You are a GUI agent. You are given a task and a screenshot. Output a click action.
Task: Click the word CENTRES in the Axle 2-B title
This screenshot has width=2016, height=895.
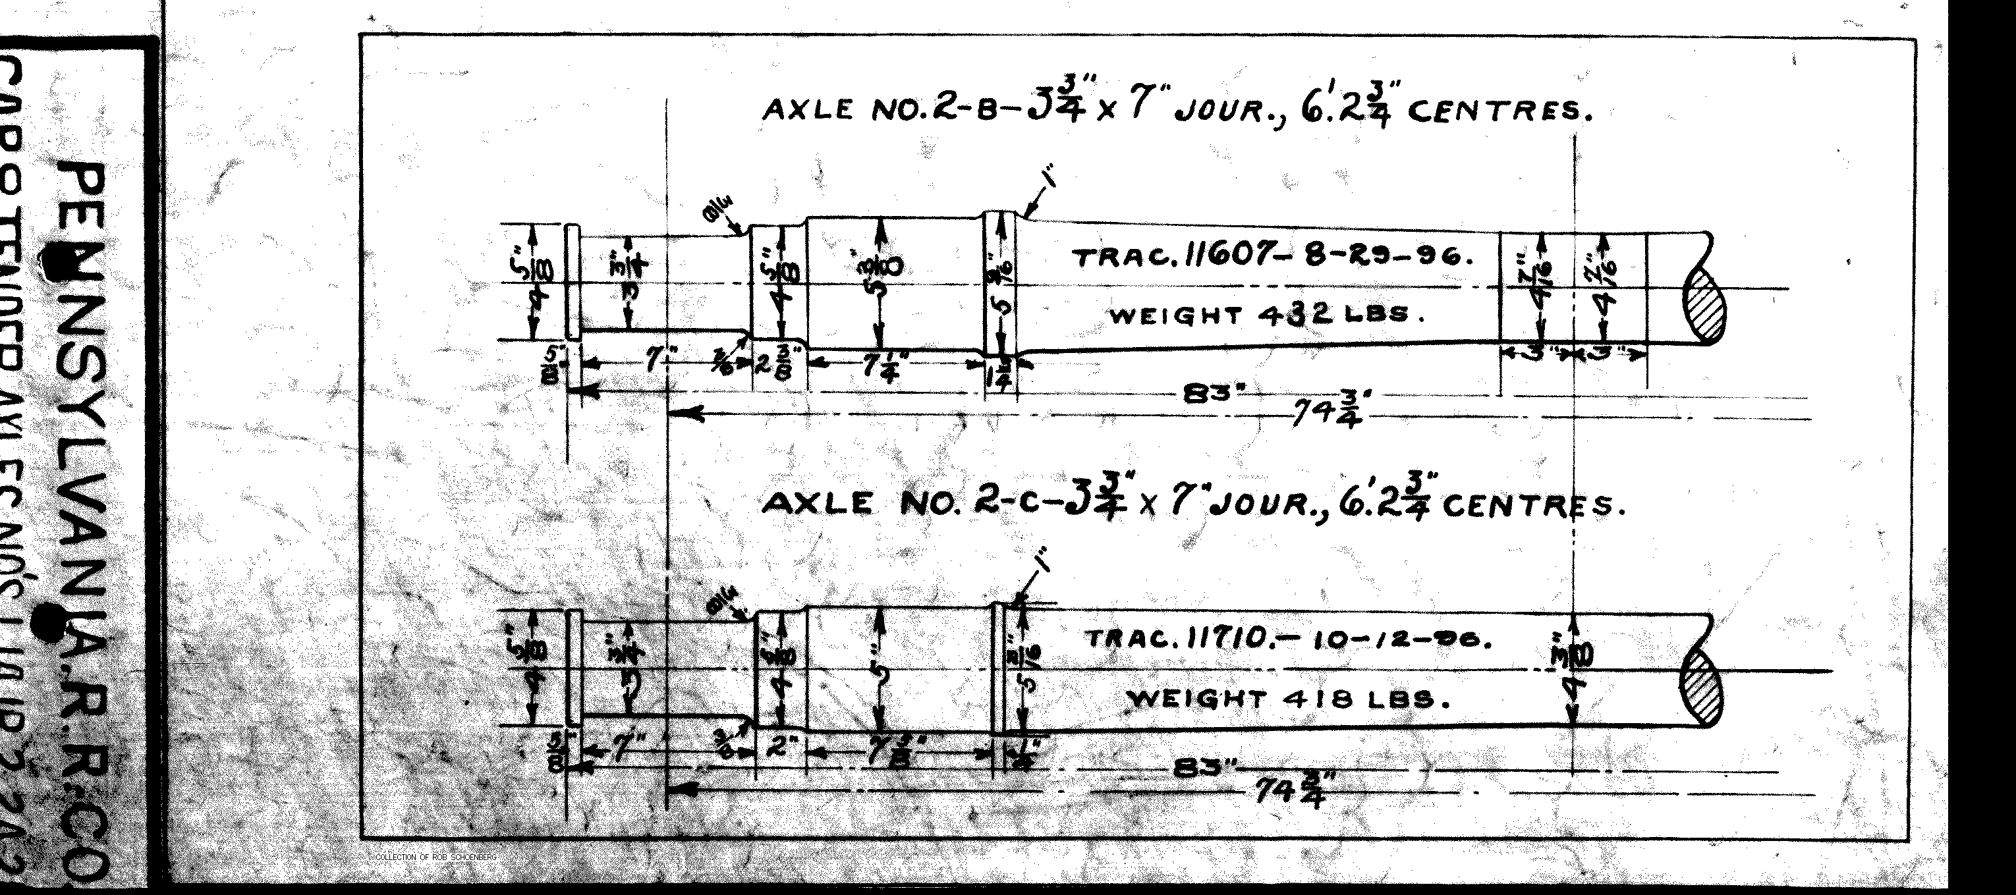1499,112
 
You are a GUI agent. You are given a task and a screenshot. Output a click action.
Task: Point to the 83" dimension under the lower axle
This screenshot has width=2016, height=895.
1204,769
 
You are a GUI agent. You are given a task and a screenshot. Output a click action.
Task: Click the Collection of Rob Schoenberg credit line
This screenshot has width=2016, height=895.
436,857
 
